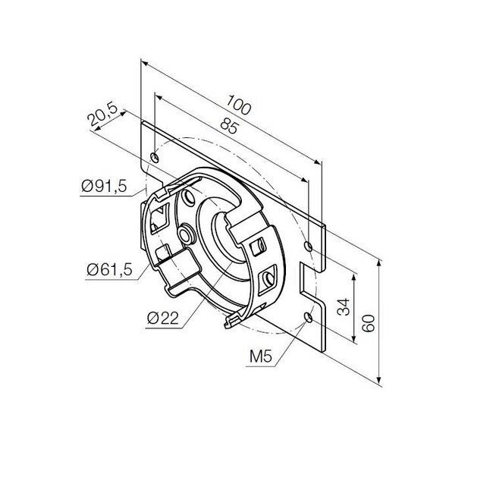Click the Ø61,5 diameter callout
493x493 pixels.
[107, 268]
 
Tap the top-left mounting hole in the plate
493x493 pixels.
[155, 158]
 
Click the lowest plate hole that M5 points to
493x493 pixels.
[306, 315]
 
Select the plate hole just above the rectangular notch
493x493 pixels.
[308, 246]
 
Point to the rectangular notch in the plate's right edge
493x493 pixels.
[309, 281]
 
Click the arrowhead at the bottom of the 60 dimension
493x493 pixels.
[377, 383]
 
